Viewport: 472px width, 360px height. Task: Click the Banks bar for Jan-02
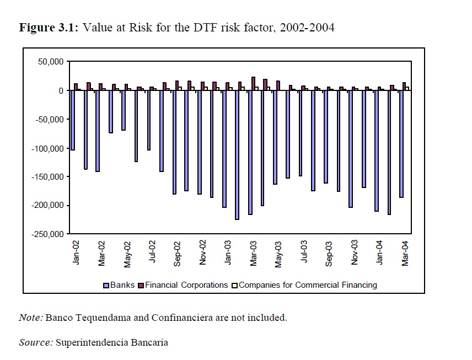pyautogui.click(x=73, y=120)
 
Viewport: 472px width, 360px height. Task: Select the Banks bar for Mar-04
pyautogui.click(x=401, y=144)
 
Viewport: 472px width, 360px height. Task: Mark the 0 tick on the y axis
pyautogui.click(x=62, y=90)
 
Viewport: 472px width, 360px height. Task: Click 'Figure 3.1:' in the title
pyautogui.click(x=50, y=28)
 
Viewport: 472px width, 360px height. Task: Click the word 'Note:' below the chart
pyautogui.click(x=31, y=318)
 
